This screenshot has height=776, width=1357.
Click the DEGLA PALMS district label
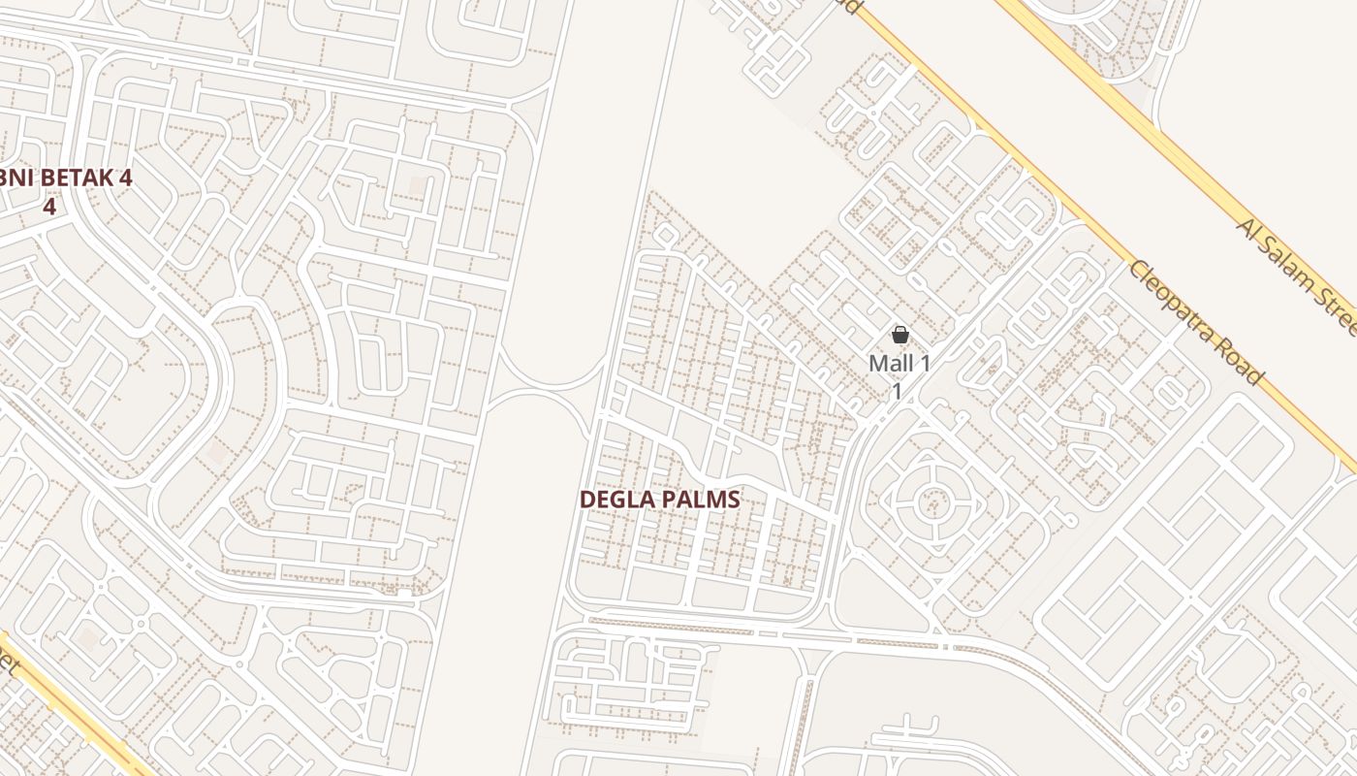[x=659, y=500]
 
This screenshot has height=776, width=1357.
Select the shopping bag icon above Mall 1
[x=899, y=335]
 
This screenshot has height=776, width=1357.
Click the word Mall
[x=890, y=365]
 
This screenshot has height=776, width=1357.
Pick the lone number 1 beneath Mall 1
[x=898, y=391]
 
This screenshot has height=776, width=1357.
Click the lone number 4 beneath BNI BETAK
[x=48, y=207]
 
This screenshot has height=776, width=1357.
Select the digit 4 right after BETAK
[x=124, y=178]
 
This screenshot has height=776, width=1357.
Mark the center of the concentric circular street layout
[x=933, y=501]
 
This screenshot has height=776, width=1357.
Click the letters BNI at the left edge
[x=15, y=178]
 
